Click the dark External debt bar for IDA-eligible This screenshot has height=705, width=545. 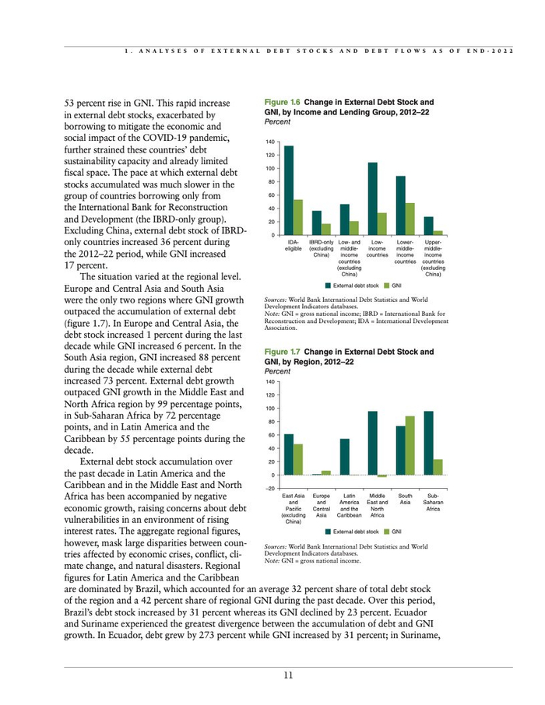point(289,191)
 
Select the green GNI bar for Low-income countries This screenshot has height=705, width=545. point(382,224)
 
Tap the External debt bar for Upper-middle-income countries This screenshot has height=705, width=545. point(428,226)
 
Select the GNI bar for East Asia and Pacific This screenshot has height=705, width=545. point(298,459)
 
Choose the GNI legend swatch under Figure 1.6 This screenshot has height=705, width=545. point(387,286)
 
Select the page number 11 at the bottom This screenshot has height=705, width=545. point(288,675)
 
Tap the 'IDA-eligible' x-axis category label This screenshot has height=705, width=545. point(294,247)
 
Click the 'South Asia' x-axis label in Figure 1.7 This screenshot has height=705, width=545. point(406,499)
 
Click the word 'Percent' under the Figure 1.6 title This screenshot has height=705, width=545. point(278,121)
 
